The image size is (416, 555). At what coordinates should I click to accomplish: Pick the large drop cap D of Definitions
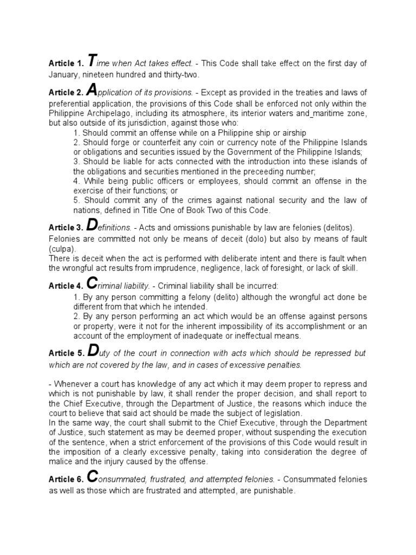[x=93, y=225]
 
